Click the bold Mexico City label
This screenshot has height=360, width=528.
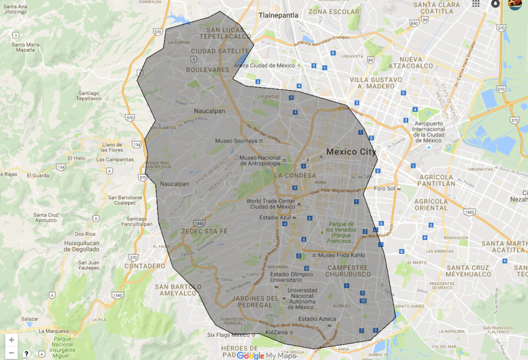coord(351,151)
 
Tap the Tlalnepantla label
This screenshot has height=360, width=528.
coord(278,14)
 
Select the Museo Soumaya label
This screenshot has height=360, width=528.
coord(235,141)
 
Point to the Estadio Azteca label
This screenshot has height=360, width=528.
coord(316,319)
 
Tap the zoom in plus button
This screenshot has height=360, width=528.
coord(11,340)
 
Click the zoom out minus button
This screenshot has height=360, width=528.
coord(11,353)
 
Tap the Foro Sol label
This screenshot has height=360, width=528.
coord(385,188)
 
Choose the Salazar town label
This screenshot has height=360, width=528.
coord(30,318)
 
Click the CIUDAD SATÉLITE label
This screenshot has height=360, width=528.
coord(220,51)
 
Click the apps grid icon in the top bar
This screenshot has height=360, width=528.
coord(476,4)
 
